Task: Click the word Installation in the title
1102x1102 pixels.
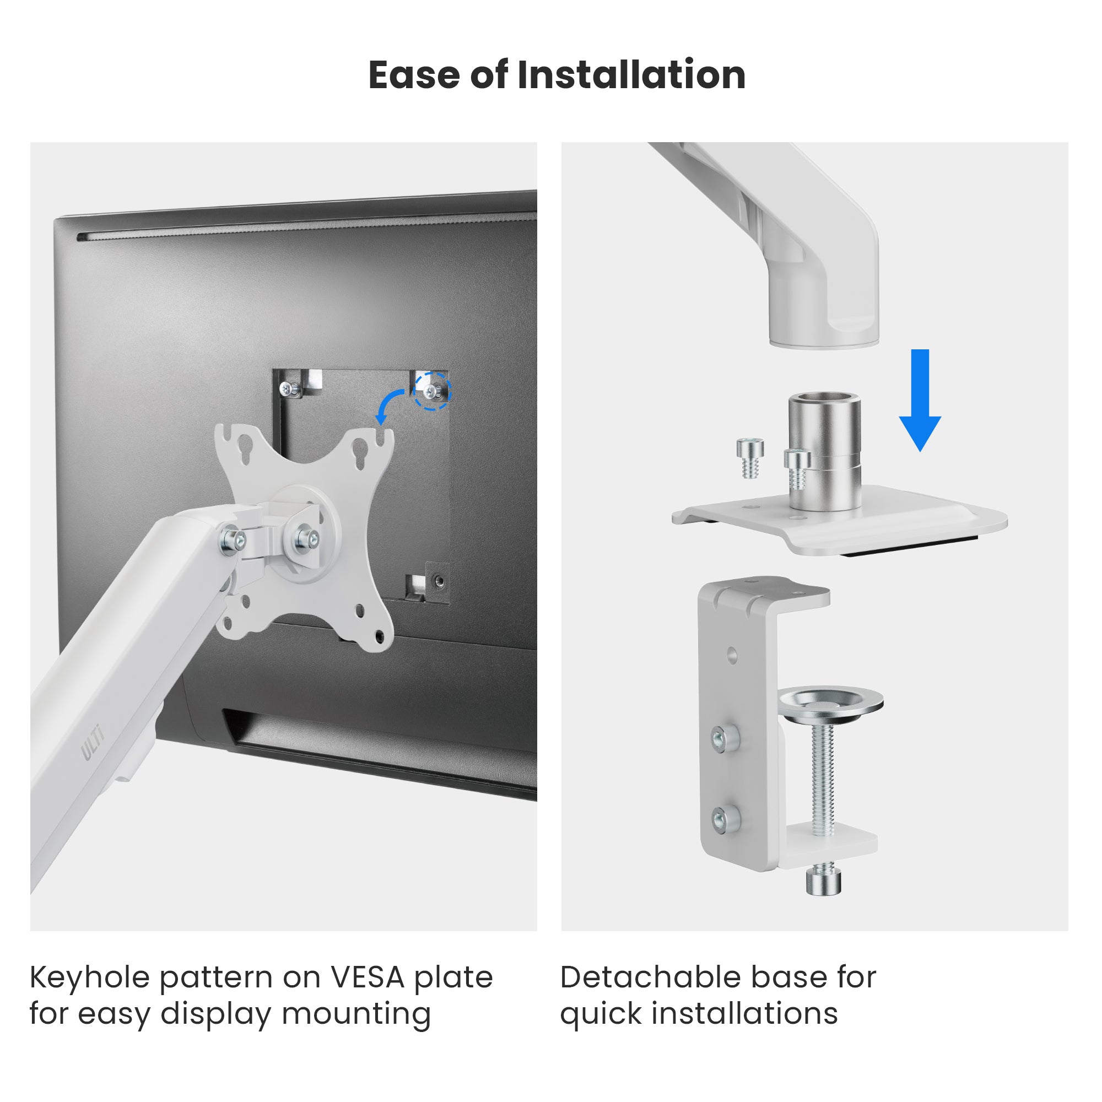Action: coord(631,75)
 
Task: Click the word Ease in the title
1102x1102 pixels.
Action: coord(414,75)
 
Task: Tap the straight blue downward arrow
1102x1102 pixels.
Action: coord(920,400)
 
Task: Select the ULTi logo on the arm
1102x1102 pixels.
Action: coord(92,742)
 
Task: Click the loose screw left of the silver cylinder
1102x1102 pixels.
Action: coord(749,458)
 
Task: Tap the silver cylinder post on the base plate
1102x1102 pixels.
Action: coord(825,451)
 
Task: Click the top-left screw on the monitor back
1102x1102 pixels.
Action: coord(290,389)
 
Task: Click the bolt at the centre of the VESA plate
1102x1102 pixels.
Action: coord(306,539)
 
